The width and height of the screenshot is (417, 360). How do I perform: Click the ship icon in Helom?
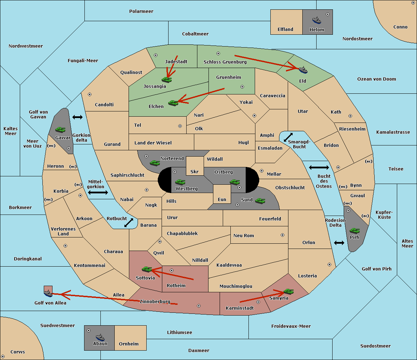[317, 20]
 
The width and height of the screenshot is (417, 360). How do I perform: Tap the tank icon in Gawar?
[60, 129]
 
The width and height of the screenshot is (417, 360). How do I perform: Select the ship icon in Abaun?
[100, 337]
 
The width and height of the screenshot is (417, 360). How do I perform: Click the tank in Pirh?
[354, 231]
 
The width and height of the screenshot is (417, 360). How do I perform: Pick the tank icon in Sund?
[260, 201]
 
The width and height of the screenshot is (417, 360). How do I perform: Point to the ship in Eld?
[303, 70]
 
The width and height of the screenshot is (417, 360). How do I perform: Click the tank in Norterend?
[155, 163]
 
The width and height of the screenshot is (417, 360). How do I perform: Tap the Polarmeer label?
[141, 11]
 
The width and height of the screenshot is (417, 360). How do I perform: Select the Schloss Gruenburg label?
[225, 62]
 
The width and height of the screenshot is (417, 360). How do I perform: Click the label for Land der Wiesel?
[153, 143]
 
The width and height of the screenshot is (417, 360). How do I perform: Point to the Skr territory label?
[195, 171]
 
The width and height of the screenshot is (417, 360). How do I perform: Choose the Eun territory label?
[222, 199]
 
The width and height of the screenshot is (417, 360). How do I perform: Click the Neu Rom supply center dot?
[283, 235]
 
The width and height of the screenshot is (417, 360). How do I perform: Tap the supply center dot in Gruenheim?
[242, 87]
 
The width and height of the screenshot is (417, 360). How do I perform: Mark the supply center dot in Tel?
[180, 126]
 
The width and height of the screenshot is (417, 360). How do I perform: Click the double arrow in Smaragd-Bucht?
[288, 137]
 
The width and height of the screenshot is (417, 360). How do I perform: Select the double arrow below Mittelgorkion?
[98, 192]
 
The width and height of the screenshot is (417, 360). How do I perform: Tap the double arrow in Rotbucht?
[129, 223]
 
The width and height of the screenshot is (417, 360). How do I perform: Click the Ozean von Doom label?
[377, 79]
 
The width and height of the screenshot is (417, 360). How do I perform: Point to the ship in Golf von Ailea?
[48, 293]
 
